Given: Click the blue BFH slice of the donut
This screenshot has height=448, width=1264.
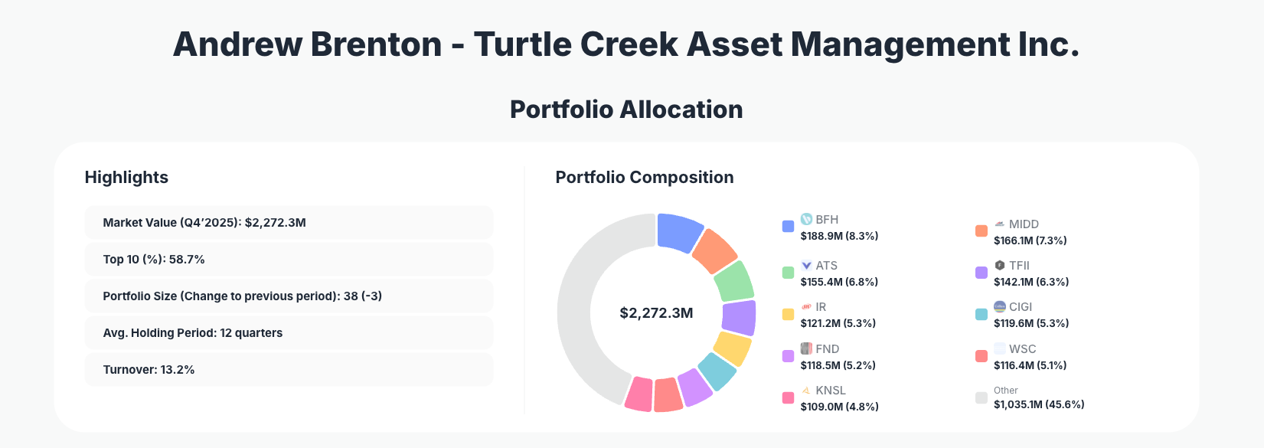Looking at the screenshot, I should (x=679, y=231).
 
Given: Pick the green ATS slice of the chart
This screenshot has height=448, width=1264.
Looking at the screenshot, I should (x=734, y=281).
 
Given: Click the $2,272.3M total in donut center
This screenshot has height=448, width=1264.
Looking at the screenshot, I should (x=656, y=313).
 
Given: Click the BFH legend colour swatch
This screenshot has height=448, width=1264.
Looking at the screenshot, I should (x=788, y=227).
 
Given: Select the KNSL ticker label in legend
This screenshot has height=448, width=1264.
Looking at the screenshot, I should (x=831, y=391).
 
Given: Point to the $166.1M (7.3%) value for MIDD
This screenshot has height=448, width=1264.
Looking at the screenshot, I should (x=1030, y=240).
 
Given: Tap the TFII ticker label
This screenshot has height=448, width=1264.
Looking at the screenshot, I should (x=1019, y=266).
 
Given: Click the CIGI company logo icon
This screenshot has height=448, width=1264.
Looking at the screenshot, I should (x=999, y=306).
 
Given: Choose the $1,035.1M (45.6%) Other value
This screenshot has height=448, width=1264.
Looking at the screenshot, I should (x=1039, y=404).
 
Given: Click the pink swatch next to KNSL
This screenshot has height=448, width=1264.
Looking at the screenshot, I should (x=788, y=398).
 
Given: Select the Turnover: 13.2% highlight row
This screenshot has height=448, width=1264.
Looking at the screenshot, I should (x=289, y=370).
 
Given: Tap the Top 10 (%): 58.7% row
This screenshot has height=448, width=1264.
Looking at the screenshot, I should (x=289, y=260).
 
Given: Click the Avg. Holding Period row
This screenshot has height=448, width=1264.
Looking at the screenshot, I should (x=289, y=333).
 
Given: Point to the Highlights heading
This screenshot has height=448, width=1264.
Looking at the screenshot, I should (x=126, y=178).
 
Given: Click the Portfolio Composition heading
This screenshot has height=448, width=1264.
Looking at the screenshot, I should (x=644, y=178).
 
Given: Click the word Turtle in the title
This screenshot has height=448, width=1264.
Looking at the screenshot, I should (x=521, y=44).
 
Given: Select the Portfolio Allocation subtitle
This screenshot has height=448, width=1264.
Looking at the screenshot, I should (x=626, y=110).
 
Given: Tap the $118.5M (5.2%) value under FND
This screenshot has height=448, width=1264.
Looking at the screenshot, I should (x=838, y=365).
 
